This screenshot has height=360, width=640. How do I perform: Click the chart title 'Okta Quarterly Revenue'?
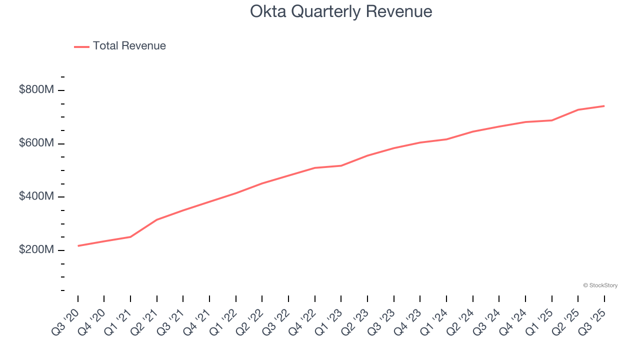(341, 11)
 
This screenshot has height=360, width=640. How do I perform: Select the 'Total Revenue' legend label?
(129, 46)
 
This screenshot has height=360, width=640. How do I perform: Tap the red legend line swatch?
(81, 46)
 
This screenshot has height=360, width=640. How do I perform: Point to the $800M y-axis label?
(36, 90)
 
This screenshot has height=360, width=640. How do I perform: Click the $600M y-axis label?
(36, 143)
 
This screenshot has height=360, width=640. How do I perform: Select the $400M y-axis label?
(36, 197)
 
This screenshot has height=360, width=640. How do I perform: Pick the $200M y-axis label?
(36, 250)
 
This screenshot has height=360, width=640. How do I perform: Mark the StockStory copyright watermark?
(600, 285)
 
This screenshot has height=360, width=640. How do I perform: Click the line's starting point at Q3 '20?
(78, 245)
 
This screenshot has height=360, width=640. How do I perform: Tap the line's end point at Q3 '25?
(604, 106)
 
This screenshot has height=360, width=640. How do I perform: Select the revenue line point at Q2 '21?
(157, 219)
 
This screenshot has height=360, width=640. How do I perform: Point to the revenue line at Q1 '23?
(341, 165)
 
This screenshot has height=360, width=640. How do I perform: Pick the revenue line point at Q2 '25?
(578, 109)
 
